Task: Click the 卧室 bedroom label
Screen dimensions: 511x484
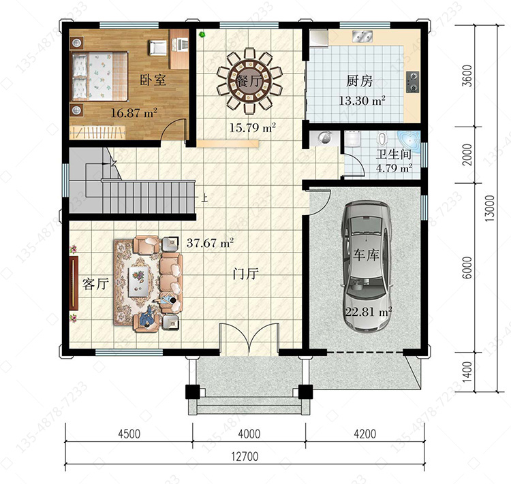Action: pos(153,80)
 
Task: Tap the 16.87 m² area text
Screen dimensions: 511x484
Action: pos(134,113)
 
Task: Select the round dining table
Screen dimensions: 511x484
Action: pos(249,80)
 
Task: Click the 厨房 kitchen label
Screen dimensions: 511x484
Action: pos(359,81)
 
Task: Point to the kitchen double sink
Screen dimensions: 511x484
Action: pos(362,37)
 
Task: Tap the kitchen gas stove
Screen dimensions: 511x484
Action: pos(413,82)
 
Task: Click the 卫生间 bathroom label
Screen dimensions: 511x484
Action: pos(394,155)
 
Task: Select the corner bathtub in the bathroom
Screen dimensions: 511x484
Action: pos(409,141)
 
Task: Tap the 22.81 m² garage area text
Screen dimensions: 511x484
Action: pos(368,312)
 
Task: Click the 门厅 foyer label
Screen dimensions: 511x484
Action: pos(246,274)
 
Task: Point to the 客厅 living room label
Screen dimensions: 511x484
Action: pos(95,284)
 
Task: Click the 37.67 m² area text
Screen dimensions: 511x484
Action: pos(210,243)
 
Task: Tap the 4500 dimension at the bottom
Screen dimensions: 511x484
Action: pos(129,434)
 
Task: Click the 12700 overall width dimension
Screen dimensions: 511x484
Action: pos(245,457)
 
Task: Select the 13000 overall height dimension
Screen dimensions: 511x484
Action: pos(490,208)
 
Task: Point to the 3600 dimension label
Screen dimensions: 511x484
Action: pos(467,76)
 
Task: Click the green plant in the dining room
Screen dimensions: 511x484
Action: pos(202,34)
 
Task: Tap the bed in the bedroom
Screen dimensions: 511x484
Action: pos(99,76)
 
